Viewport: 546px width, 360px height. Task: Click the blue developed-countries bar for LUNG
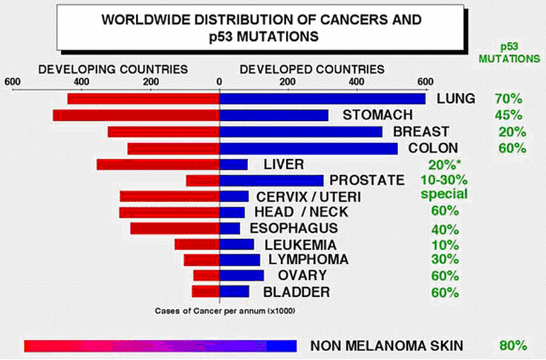[322, 99]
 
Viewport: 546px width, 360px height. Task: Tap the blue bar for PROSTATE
[271, 181]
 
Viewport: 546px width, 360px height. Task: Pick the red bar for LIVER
[158, 164]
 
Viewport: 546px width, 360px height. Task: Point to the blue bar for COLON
[308, 148]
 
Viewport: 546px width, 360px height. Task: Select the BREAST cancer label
[421, 132]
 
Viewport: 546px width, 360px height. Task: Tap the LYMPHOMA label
[309, 259]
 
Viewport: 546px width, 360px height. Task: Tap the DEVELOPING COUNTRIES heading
[113, 69]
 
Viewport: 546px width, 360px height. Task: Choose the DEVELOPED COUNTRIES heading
[312, 69]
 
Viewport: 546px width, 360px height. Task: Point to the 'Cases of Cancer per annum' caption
[224, 310]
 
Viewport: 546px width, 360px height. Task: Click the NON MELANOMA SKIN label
[387, 346]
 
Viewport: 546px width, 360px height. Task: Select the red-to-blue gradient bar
[160, 345]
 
